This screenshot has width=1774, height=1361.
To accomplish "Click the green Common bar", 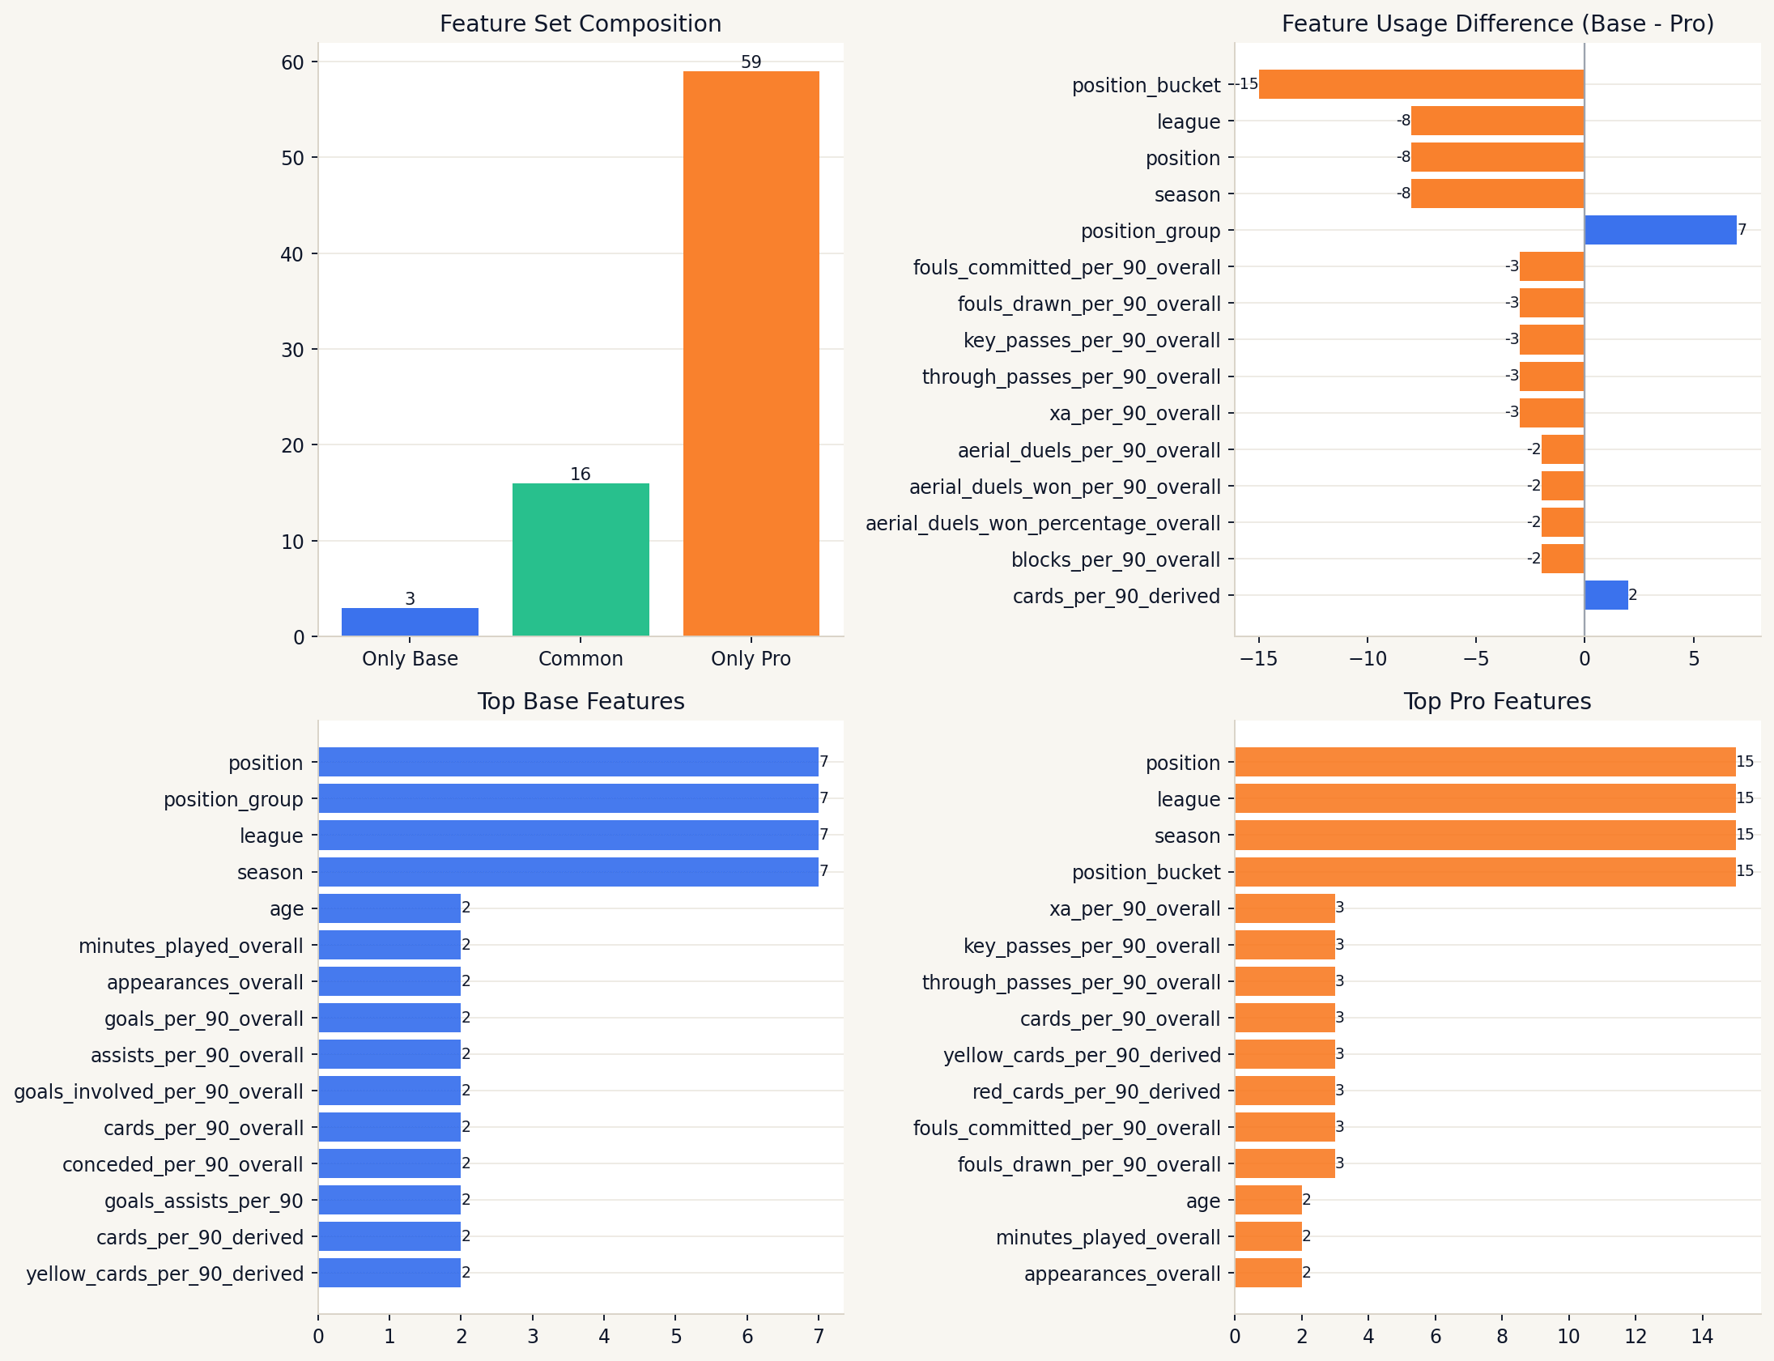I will tap(580, 559).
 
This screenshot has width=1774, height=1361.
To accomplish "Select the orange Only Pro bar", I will tap(751, 353).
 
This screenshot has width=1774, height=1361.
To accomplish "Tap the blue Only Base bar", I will tap(410, 621).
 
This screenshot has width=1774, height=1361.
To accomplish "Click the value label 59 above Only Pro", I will tap(751, 62).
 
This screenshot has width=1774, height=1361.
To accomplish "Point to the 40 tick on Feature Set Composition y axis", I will tap(293, 254).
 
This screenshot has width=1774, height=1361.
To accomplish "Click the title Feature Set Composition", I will tap(580, 23).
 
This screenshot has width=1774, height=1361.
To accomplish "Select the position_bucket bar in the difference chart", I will tap(1421, 84).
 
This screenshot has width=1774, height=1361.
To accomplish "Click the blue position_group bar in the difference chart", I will tap(1660, 230).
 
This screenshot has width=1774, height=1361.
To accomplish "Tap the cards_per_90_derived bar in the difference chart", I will tap(1606, 595).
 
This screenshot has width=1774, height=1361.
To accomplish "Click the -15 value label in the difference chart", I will tap(1246, 84).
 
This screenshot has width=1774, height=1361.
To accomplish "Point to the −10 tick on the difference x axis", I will tap(1368, 658).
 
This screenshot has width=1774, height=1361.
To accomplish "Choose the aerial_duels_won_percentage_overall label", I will tap(1043, 523).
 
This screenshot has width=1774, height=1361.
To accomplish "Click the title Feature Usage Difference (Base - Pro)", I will tap(1497, 23).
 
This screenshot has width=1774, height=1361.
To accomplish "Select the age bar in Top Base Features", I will tap(389, 908).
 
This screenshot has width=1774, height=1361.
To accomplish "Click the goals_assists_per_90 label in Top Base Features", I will tap(203, 1201).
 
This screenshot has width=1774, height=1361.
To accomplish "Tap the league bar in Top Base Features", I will tap(568, 836).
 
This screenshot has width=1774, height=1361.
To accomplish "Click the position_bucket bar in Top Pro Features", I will tap(1485, 872).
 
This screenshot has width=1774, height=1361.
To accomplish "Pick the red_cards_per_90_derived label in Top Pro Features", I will tap(1096, 1091).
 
